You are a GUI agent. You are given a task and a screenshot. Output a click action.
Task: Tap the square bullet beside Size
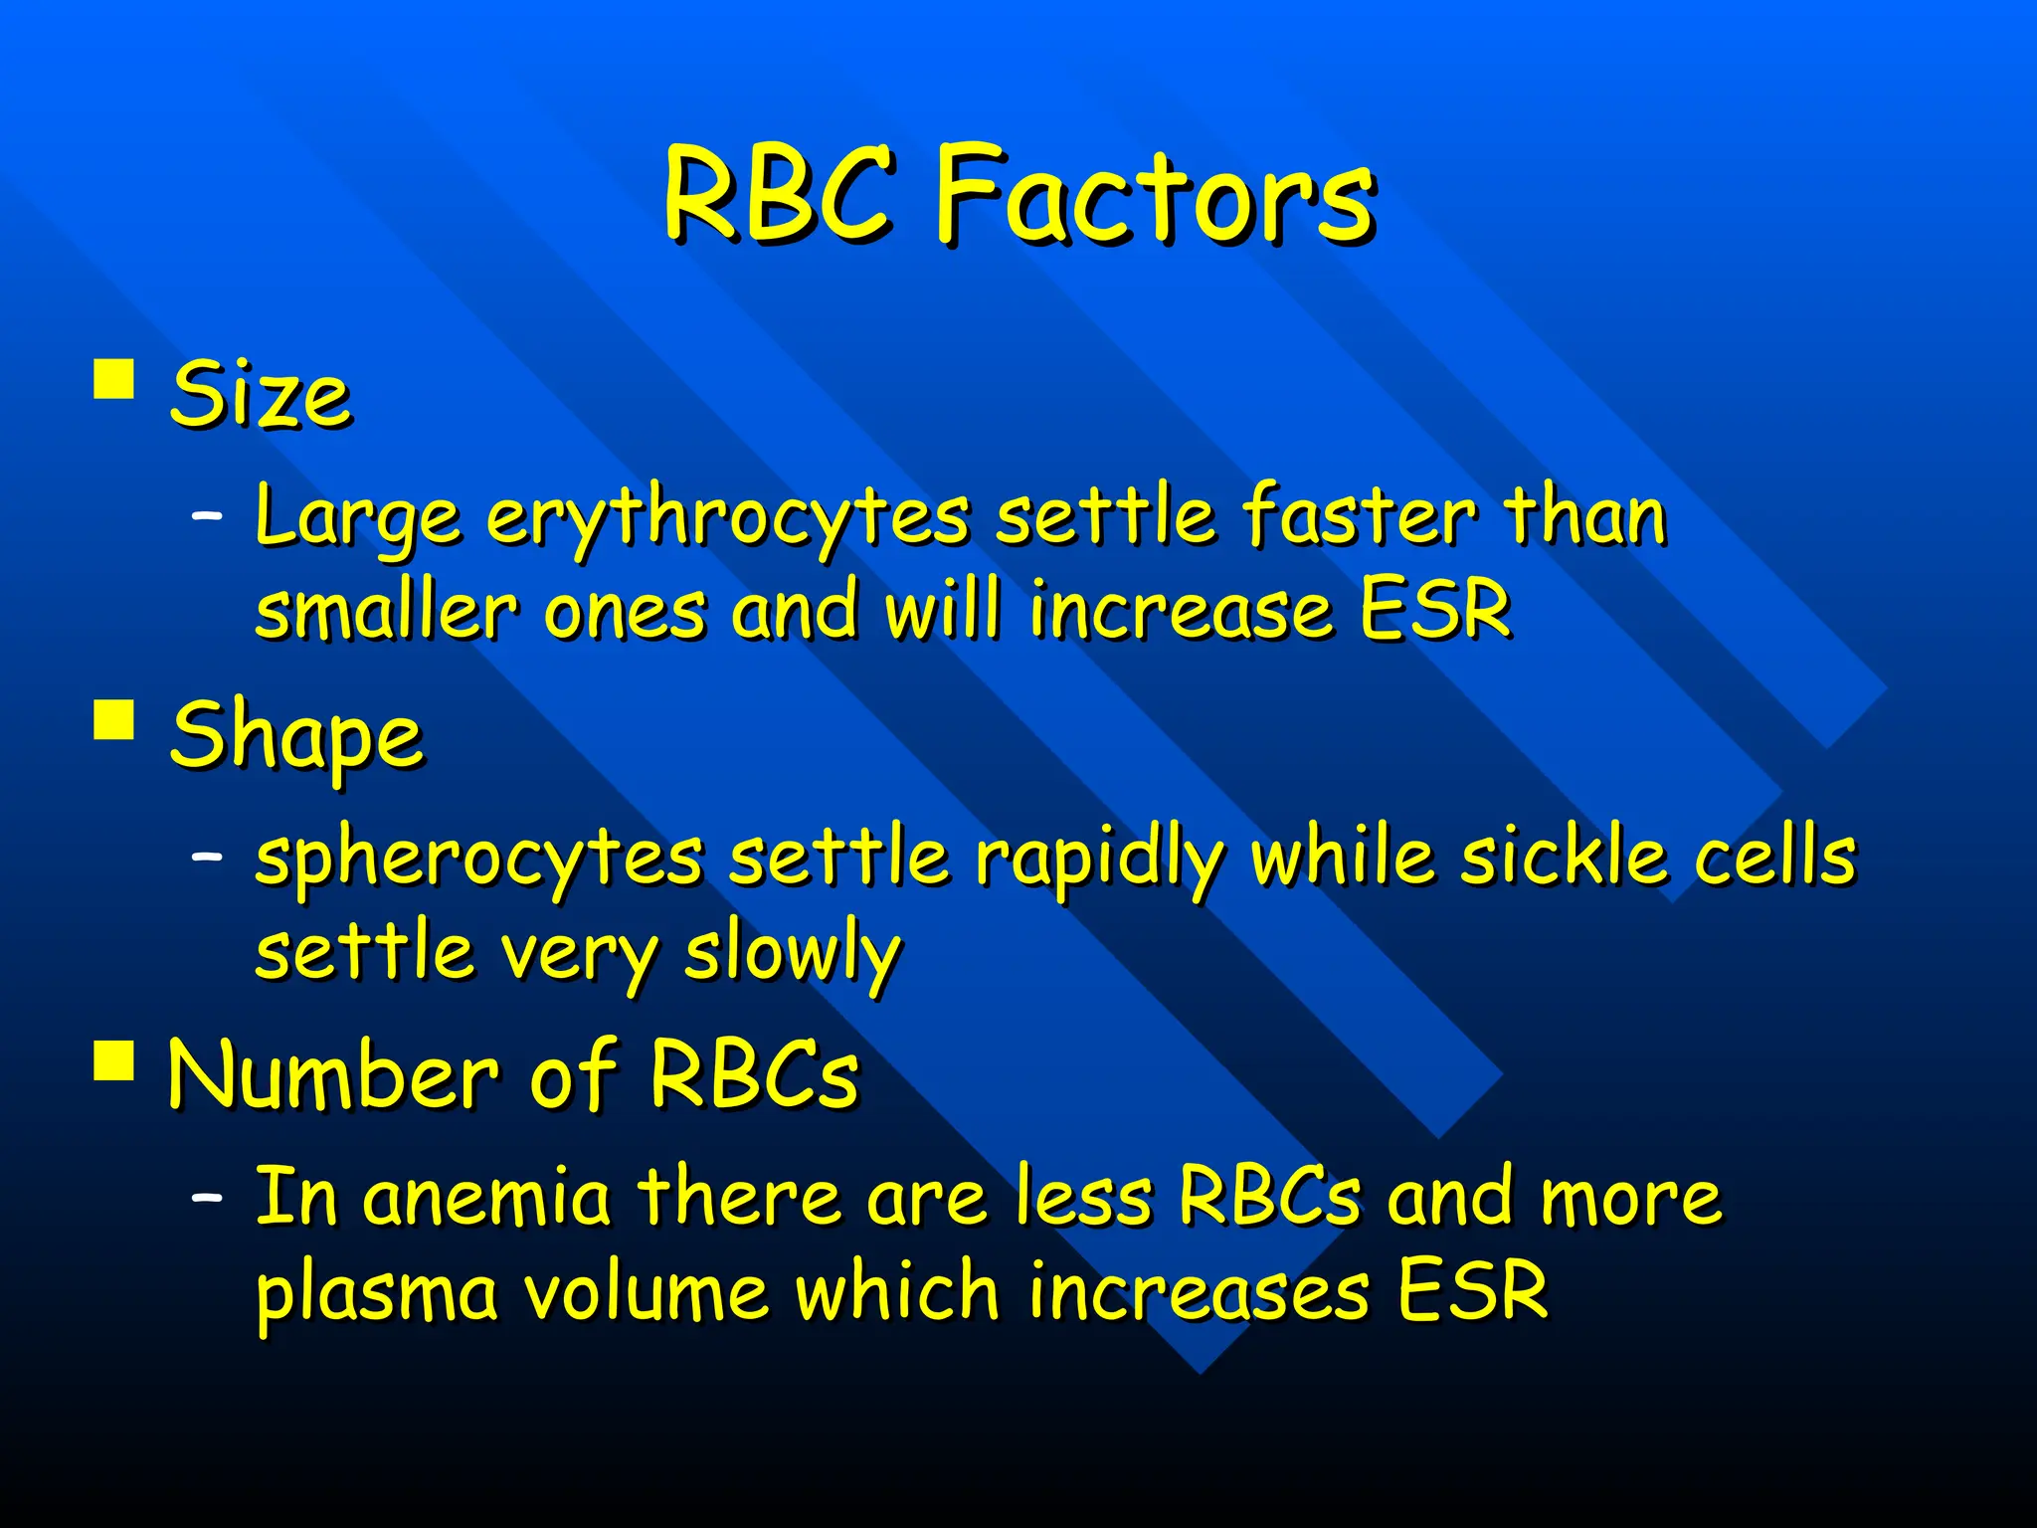pos(114,379)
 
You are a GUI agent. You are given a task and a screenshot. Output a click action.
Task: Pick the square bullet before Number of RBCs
pos(114,1059)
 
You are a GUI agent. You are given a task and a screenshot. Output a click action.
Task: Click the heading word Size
pos(260,395)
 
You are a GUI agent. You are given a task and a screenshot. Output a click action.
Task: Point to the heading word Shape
pos(296,736)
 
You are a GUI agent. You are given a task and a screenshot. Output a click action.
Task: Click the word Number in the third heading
pos(332,1075)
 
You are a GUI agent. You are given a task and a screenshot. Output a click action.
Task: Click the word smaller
pos(386,610)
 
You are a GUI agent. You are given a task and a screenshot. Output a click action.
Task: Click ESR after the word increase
pos(1435,610)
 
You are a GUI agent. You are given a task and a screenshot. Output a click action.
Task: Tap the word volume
pos(646,1291)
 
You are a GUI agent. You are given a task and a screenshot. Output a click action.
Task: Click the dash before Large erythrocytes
pos(207,516)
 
